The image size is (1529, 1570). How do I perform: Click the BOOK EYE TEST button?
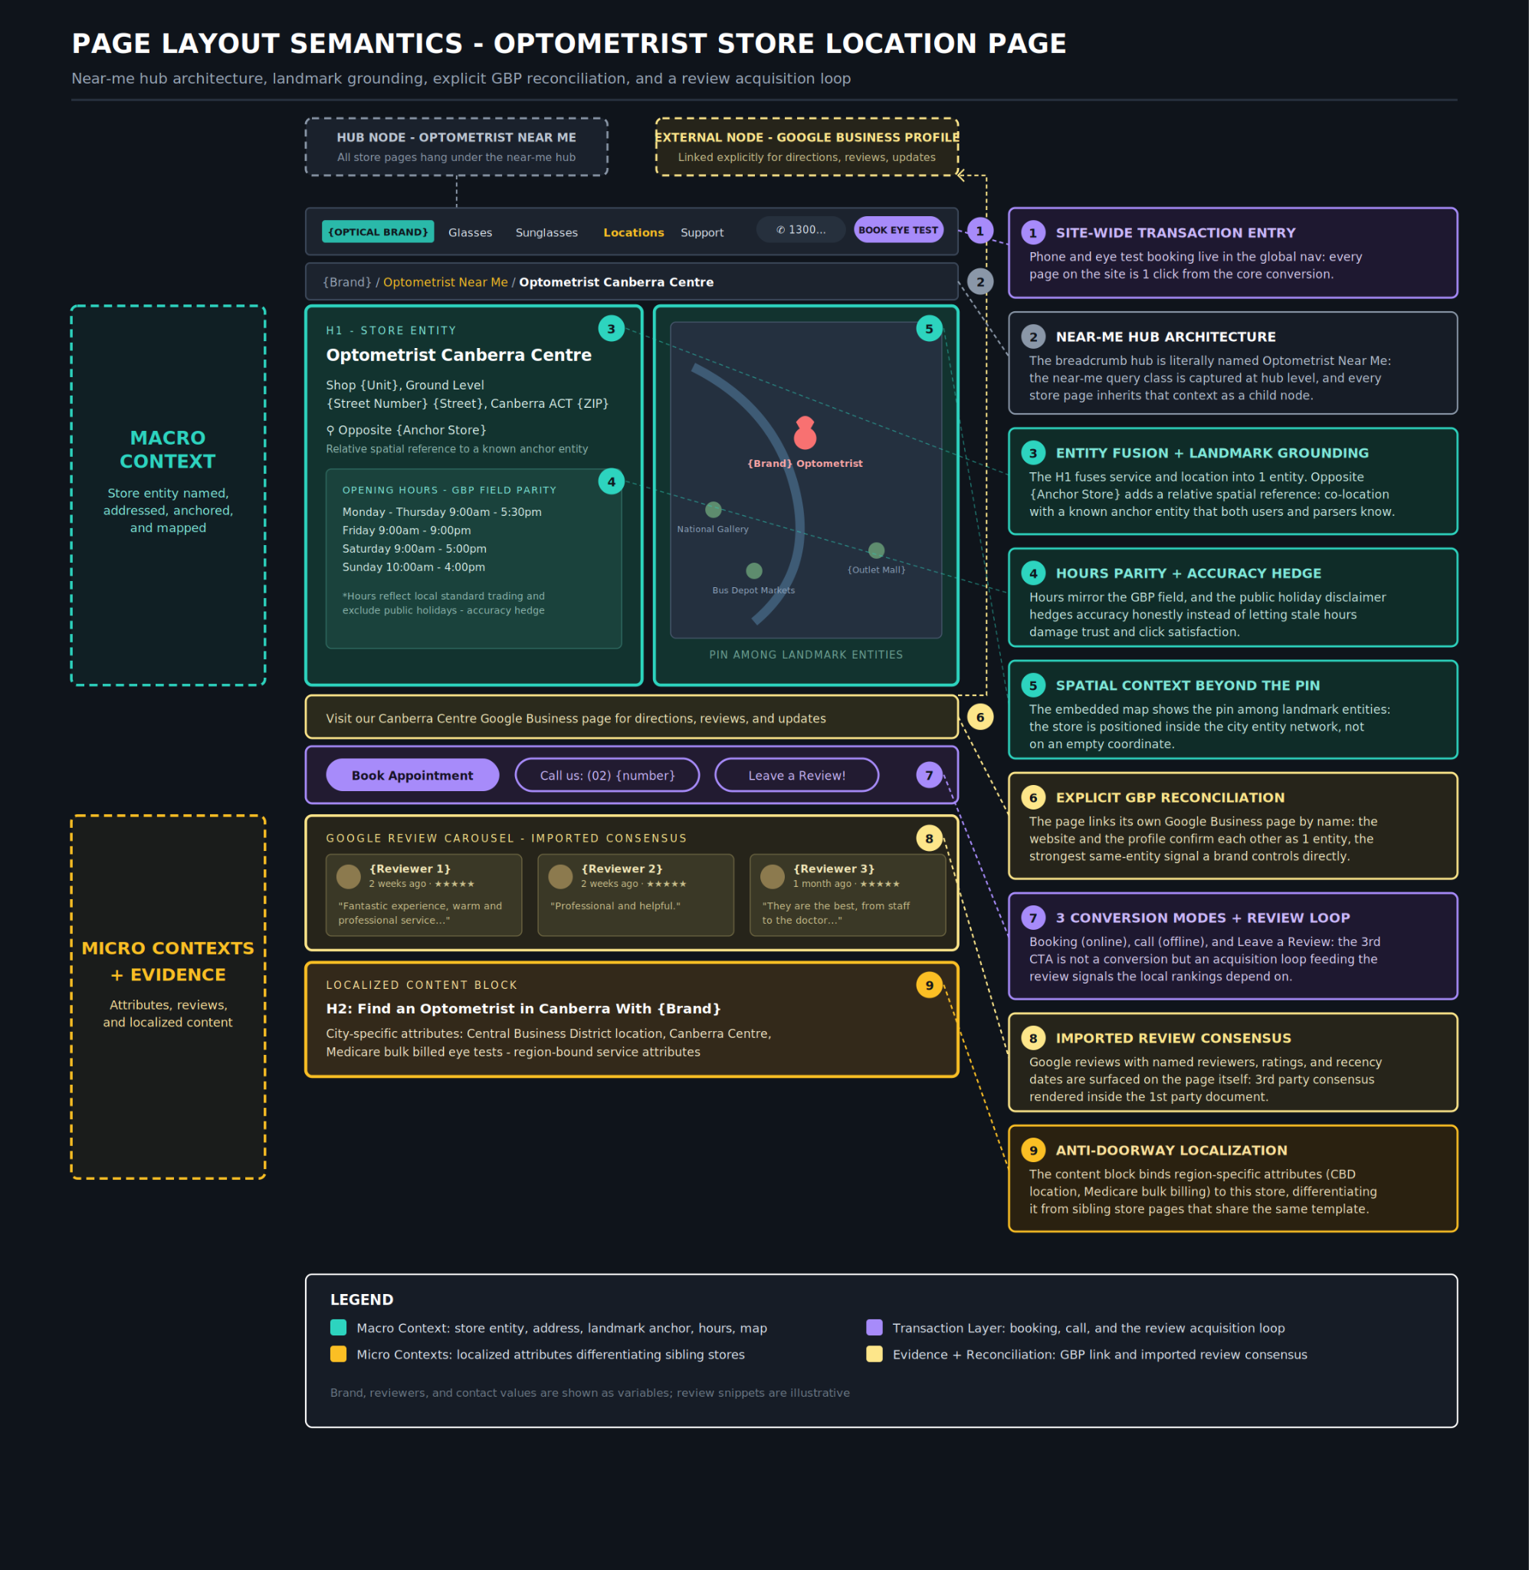(x=897, y=230)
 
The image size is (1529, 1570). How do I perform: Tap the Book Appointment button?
(x=412, y=775)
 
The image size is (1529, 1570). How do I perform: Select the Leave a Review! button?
(x=796, y=775)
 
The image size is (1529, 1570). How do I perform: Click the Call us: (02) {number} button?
(x=607, y=775)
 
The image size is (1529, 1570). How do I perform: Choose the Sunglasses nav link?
(x=546, y=232)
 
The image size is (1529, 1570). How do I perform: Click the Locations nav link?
(x=634, y=232)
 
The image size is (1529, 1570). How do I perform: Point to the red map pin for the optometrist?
(x=805, y=434)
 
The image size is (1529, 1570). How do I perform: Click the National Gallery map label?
(x=712, y=529)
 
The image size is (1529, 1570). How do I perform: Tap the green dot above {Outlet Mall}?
(x=876, y=550)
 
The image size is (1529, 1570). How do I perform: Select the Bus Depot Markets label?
(x=753, y=590)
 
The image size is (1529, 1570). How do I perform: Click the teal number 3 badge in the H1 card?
(x=611, y=328)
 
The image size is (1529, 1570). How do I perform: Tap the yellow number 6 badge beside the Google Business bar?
(x=979, y=717)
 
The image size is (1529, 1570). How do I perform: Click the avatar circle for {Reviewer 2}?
(x=560, y=876)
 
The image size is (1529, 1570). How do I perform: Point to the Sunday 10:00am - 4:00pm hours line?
(x=414, y=567)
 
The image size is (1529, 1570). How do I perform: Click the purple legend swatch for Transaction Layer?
(x=874, y=1328)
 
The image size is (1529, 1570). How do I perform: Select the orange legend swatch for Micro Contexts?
(x=338, y=1354)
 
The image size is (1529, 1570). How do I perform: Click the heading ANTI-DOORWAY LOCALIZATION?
(x=1171, y=1150)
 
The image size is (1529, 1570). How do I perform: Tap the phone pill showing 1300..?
(x=801, y=230)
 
